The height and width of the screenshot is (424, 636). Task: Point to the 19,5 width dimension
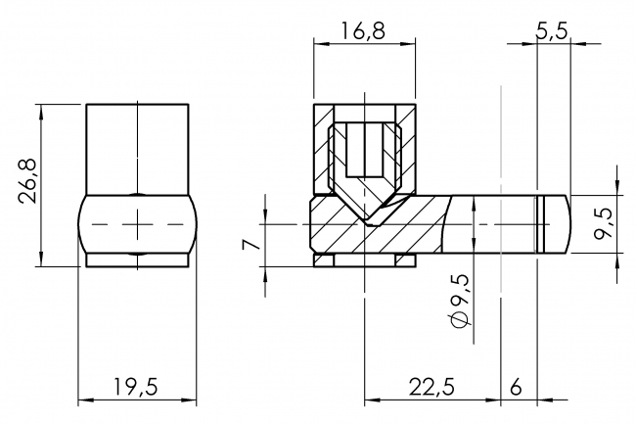135,386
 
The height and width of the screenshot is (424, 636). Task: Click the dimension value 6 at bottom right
517,386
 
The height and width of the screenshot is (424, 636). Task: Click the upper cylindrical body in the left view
137,147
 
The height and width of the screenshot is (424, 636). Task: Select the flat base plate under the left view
137,260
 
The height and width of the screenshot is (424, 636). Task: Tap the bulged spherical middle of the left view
137,223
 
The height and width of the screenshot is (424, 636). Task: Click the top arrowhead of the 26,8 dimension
41,106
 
